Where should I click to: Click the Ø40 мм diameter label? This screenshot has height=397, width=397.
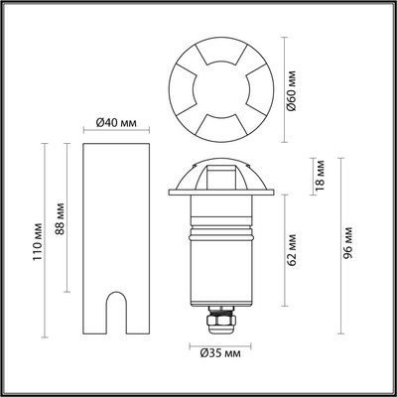(115, 122)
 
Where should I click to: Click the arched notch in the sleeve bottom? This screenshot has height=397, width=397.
(115, 312)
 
